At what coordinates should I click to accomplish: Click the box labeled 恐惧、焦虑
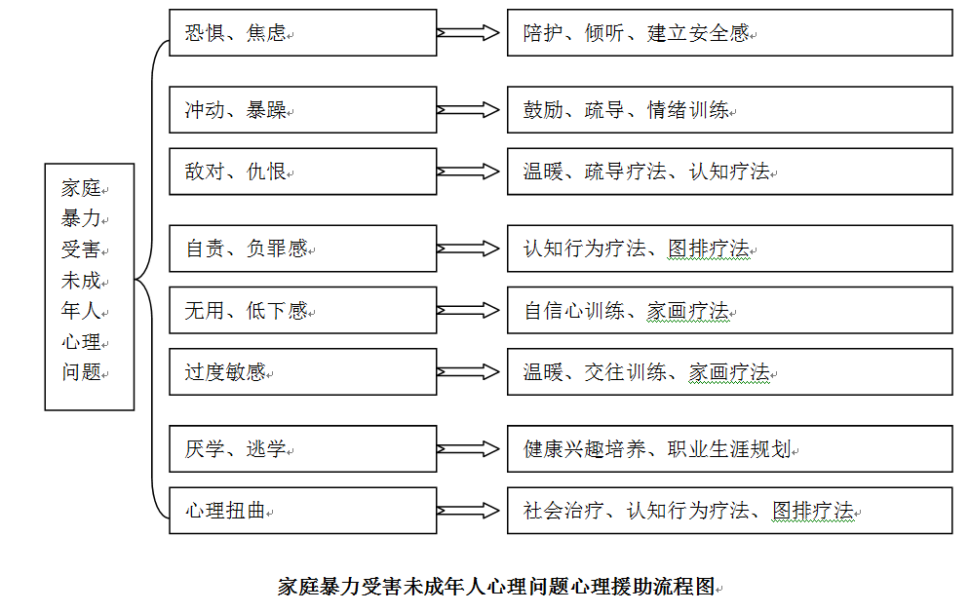pyautogui.click(x=302, y=33)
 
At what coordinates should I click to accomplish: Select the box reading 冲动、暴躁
pyautogui.click(x=302, y=110)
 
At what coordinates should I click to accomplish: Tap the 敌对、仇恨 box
pyautogui.click(x=302, y=172)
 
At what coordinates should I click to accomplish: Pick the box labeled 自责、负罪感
pyautogui.click(x=302, y=249)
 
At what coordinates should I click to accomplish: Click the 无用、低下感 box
pyautogui.click(x=302, y=310)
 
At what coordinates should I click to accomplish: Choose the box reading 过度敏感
pyautogui.click(x=302, y=371)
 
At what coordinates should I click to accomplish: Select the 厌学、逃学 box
pyautogui.click(x=302, y=449)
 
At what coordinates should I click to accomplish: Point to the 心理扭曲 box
pyautogui.click(x=302, y=511)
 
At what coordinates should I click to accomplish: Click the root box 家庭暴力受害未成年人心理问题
pyautogui.click(x=90, y=287)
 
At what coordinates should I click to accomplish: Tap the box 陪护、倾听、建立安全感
pyautogui.click(x=730, y=33)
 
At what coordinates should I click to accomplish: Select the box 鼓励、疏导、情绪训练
pyautogui.click(x=730, y=110)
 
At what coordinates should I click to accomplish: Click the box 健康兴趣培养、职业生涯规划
pyautogui.click(x=730, y=449)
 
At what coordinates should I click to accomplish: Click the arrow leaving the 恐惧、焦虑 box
pyautogui.click(x=468, y=33)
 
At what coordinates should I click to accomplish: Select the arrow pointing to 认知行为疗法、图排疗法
pyautogui.click(x=468, y=249)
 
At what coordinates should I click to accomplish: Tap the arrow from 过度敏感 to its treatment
pyautogui.click(x=468, y=371)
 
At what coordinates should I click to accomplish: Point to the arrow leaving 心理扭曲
pyautogui.click(x=468, y=511)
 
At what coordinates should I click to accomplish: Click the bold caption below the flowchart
pyautogui.click(x=497, y=587)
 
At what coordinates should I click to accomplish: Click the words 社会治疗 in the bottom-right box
pyautogui.click(x=563, y=511)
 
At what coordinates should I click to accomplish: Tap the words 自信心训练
pyautogui.click(x=574, y=311)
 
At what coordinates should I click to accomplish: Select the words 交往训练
pyautogui.click(x=626, y=372)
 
